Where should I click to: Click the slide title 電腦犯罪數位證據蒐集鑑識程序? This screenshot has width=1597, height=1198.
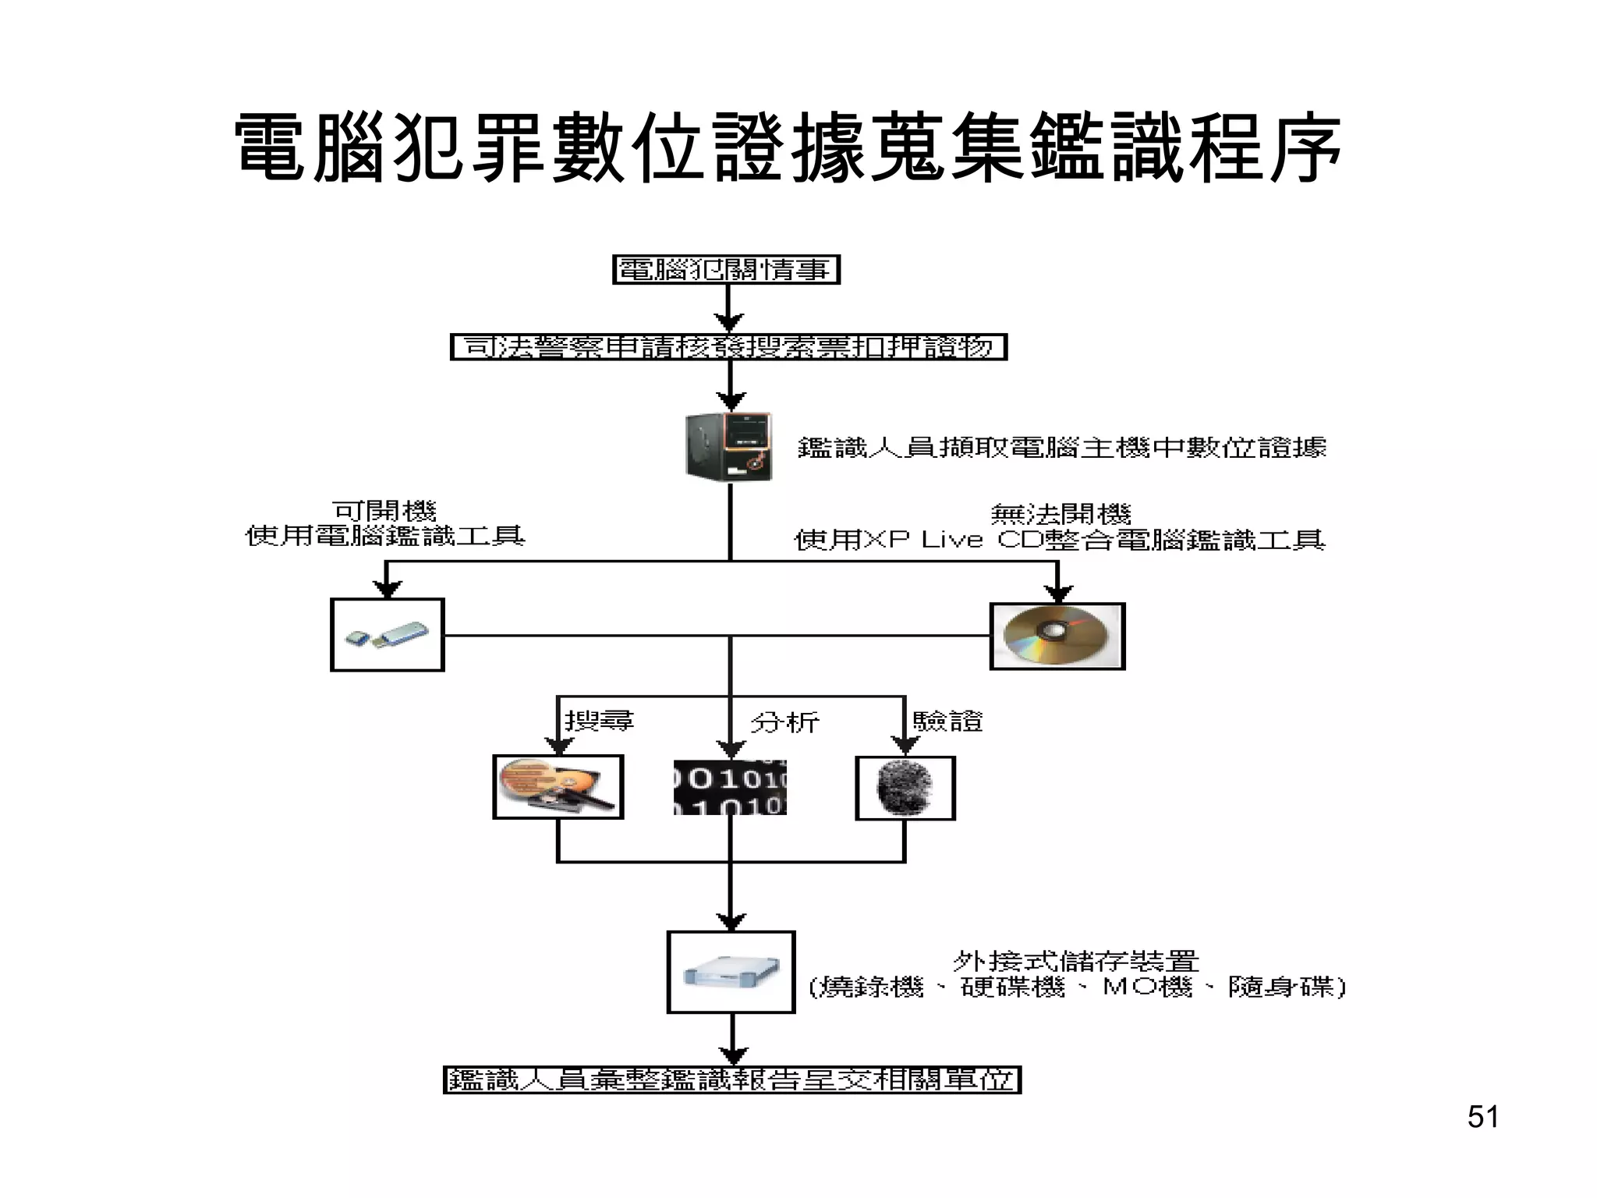788,148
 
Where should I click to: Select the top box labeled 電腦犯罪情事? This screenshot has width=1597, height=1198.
726,270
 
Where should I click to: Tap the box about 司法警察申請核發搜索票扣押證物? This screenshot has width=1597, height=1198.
729,347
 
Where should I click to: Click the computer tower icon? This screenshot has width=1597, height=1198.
729,447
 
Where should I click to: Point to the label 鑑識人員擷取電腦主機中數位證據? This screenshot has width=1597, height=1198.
1061,448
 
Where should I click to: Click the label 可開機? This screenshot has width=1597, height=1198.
384,511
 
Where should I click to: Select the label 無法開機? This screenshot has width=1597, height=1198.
1061,514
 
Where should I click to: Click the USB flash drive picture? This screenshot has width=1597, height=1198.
388,635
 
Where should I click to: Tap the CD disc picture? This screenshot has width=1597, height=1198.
1057,636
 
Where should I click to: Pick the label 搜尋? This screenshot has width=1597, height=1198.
599,720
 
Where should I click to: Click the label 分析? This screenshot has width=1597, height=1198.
784,722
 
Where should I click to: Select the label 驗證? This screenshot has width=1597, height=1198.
947,721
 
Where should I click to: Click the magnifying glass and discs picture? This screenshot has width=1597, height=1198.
558,787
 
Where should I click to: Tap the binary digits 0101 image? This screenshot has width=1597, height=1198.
730,788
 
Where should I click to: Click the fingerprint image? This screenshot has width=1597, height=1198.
905,789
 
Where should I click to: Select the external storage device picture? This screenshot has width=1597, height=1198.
731,972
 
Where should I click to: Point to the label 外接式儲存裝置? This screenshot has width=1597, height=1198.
1075,961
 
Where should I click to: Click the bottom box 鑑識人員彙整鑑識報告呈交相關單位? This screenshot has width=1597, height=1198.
731,1080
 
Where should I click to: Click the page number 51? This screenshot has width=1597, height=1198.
1482,1117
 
